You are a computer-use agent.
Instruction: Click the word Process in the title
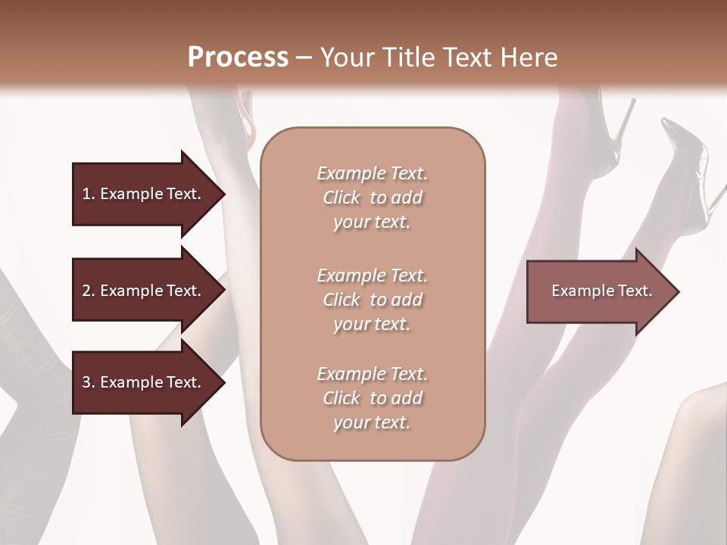(238, 58)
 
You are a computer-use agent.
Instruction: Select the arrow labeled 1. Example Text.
(141, 194)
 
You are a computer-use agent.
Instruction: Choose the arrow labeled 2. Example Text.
(141, 291)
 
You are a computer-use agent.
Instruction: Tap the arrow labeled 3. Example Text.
(141, 382)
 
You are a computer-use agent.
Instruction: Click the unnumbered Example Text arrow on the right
(601, 291)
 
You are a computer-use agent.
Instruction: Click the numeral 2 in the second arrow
(86, 291)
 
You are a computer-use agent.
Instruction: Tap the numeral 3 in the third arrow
(86, 382)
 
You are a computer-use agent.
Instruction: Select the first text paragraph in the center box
(372, 198)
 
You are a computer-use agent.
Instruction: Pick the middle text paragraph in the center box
(372, 299)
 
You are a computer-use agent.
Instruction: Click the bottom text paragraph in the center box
(372, 398)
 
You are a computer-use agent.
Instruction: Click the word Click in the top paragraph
(342, 198)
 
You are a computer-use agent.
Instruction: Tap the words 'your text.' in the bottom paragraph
(372, 422)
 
